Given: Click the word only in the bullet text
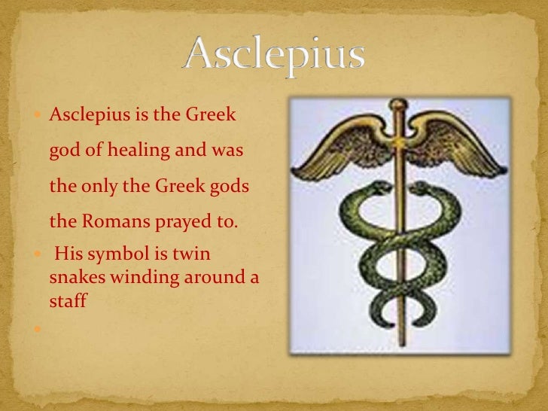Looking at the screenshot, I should (x=96, y=186).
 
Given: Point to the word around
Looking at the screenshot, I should (x=213, y=277).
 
